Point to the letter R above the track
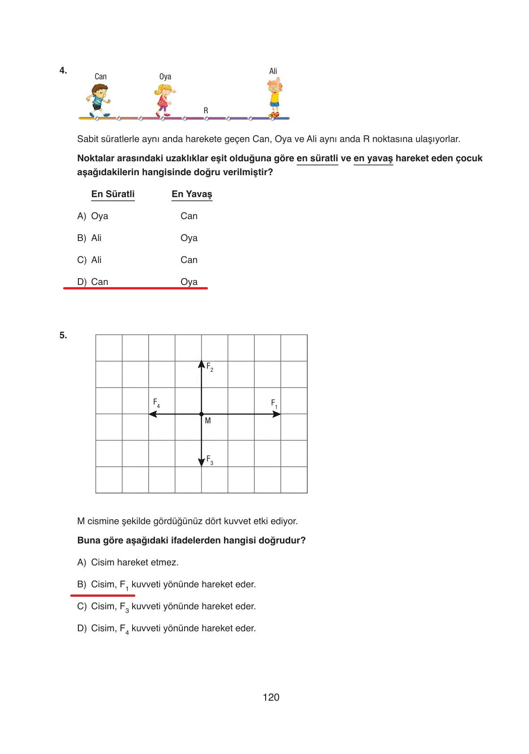[206, 110]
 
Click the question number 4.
[63, 70]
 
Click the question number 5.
[63, 335]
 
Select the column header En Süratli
[113, 194]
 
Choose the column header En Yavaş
[192, 194]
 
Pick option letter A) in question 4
[82, 216]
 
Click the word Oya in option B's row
[189, 238]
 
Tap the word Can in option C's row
[189, 260]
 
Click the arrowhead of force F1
[277, 414]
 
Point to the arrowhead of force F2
[202, 364]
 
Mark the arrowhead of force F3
[202, 463]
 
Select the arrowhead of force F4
[152, 414]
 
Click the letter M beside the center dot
[207, 421]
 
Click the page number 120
[271, 697]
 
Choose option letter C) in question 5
[82, 606]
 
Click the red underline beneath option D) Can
[135, 289]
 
